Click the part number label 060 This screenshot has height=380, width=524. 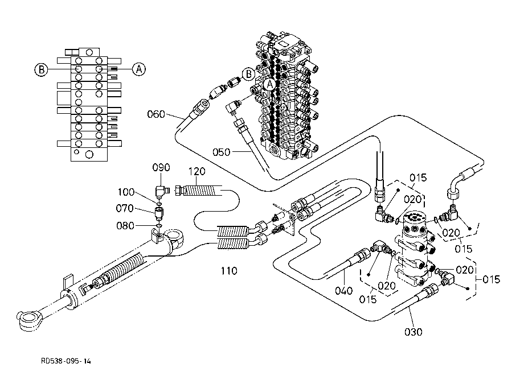pyautogui.click(x=156, y=114)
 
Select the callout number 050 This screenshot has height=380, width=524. pyautogui.click(x=221, y=152)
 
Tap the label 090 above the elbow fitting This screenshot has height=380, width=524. pyautogui.click(x=161, y=167)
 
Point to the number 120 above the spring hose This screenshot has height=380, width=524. pyautogui.click(x=197, y=171)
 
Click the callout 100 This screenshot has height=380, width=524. pyautogui.click(x=126, y=192)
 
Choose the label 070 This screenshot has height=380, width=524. pyautogui.click(x=125, y=209)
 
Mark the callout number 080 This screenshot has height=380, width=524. pyautogui.click(x=125, y=226)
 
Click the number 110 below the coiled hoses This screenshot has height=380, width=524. pyautogui.click(x=229, y=271)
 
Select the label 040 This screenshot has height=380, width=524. pyautogui.click(x=344, y=291)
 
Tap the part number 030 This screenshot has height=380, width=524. pyautogui.click(x=414, y=332)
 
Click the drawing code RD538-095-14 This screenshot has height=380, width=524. pyautogui.click(x=66, y=361)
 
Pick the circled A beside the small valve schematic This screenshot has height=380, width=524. pyautogui.click(x=139, y=69)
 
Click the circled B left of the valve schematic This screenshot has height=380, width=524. pyautogui.click(x=42, y=70)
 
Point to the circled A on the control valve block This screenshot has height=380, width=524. pyautogui.click(x=269, y=84)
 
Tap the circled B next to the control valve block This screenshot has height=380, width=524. pyautogui.click(x=248, y=74)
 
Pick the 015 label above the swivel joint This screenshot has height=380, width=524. pyautogui.click(x=418, y=178)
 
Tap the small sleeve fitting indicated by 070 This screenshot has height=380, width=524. pyautogui.click(x=159, y=213)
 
